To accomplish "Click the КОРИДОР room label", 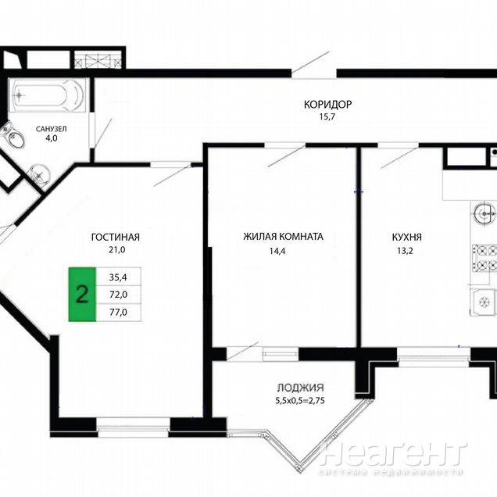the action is click(x=327, y=104).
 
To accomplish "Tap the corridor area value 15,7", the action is click(x=327, y=116).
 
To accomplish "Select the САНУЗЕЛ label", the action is click(x=51, y=129).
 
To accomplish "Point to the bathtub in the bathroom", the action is click(x=47, y=95).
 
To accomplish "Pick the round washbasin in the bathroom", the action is click(x=40, y=173).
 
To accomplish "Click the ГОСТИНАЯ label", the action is click(x=116, y=237).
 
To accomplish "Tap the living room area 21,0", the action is click(x=117, y=250).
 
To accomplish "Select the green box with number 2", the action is click(x=82, y=295).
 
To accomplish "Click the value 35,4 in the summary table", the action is click(x=118, y=277).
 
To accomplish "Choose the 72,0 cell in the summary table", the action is click(x=118, y=295).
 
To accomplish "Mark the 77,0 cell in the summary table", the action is click(x=118, y=313).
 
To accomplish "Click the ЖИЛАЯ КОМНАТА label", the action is click(x=283, y=237).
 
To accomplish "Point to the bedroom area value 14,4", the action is click(x=277, y=251).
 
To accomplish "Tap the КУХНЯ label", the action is click(x=406, y=237).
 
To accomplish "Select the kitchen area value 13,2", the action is click(x=405, y=251).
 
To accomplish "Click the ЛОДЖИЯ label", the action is click(x=301, y=388).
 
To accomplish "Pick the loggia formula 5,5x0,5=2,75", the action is click(x=300, y=401).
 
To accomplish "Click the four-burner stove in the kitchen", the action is click(x=484, y=258).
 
